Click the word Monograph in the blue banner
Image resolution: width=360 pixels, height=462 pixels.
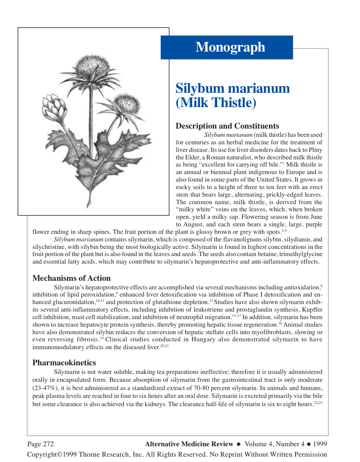tap(230, 47)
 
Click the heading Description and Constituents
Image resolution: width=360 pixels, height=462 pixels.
tap(227, 126)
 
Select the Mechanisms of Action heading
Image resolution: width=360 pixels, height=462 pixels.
tap(71, 278)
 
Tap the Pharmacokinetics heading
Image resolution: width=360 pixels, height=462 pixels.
tap(64, 363)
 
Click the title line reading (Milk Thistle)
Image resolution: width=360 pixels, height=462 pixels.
tap(216, 103)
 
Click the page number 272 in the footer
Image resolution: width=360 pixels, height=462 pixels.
tap(48, 444)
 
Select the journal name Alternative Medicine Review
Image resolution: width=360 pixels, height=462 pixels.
tap(189, 444)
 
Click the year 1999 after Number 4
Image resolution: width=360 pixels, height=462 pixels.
tap(320, 444)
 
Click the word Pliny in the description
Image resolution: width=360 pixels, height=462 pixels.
tap(315, 150)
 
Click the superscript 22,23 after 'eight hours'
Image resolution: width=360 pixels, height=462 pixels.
tap(318, 403)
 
